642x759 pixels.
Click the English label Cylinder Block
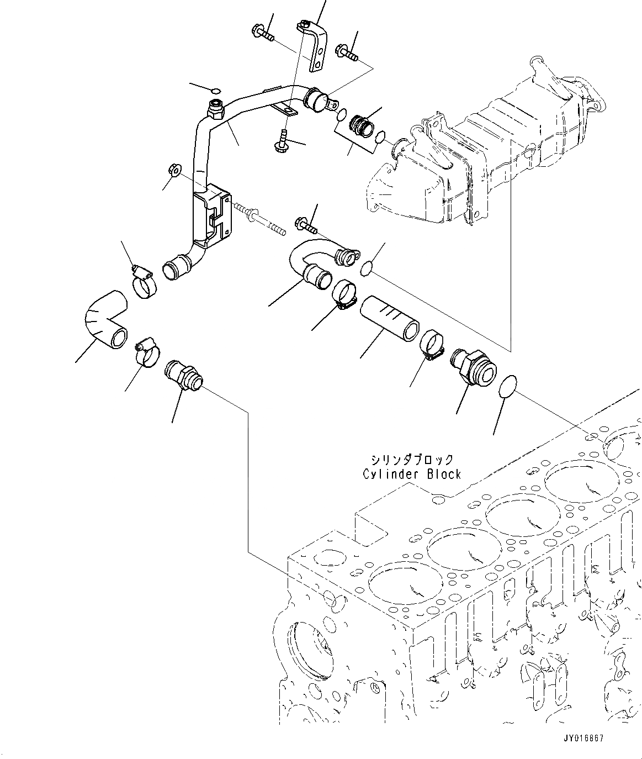[411, 474]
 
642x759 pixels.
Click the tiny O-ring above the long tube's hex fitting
[216, 91]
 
